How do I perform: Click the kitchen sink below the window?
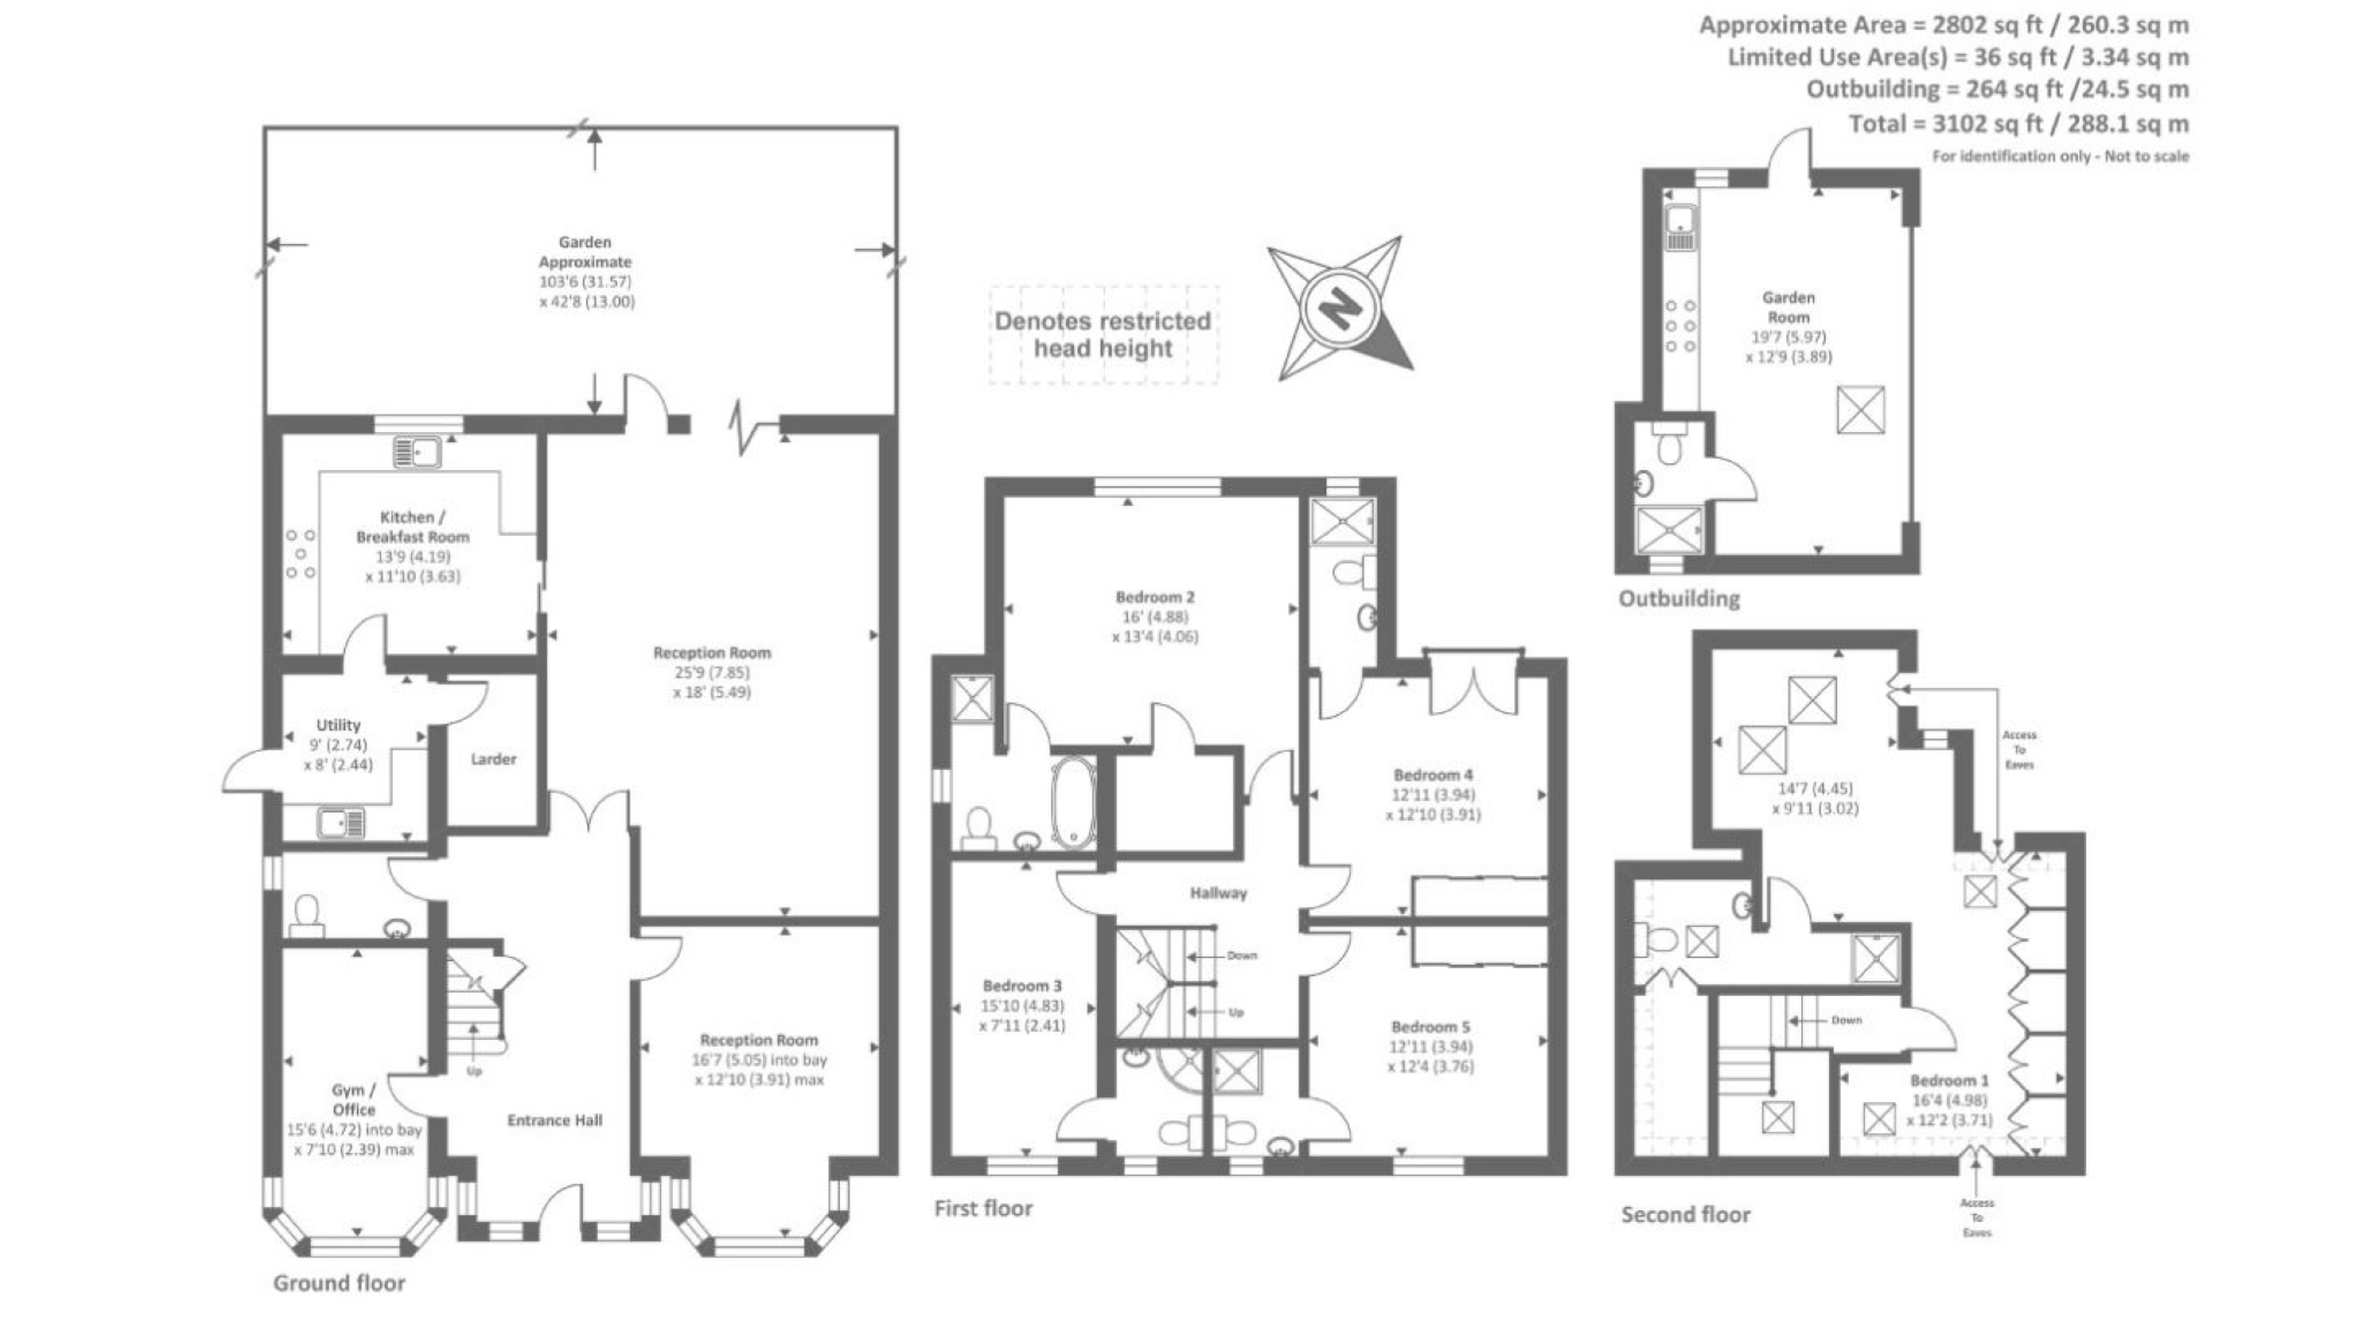tap(417, 453)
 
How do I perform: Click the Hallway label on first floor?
tap(1218, 892)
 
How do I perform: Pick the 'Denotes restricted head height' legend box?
tap(1103, 335)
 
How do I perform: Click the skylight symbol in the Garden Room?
tap(1861, 410)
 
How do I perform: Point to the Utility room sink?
tap(340, 822)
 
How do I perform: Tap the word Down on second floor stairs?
tap(1846, 1020)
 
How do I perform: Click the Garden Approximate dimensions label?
tap(585, 271)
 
